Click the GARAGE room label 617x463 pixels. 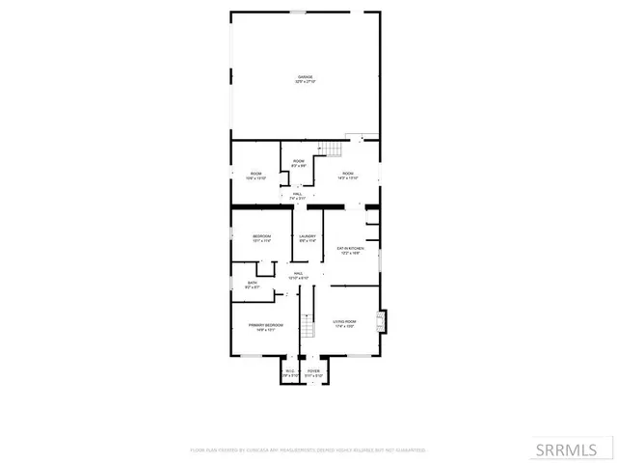(305, 77)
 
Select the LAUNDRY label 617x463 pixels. (308, 236)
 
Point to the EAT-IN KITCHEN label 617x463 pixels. (348, 249)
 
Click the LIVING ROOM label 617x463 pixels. (344, 321)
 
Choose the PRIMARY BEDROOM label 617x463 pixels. (265, 325)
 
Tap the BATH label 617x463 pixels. (253, 283)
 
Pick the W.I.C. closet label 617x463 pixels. (290, 370)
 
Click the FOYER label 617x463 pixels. (313, 370)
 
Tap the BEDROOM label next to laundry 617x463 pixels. (262, 236)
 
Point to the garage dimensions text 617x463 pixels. (305, 82)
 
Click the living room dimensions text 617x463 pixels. (344, 326)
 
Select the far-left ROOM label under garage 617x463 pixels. (255, 174)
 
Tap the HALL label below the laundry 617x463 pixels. (299, 273)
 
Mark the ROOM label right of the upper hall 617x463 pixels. (348, 174)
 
